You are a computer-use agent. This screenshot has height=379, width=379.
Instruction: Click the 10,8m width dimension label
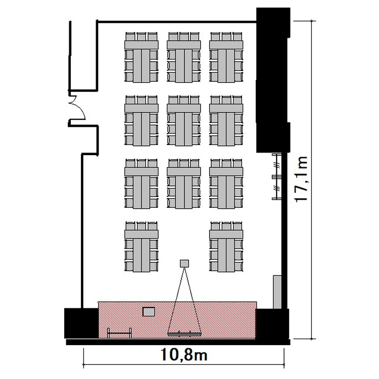coord(184,355)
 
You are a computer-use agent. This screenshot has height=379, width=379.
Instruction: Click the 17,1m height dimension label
coord(301,179)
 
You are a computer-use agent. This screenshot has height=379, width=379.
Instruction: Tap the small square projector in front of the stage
coord(184,263)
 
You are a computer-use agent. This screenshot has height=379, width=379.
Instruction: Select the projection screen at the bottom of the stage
coord(184,335)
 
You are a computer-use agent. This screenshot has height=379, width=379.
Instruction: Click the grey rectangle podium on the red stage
coord(149,312)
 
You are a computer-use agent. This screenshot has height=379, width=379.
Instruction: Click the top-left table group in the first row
coord(141,57)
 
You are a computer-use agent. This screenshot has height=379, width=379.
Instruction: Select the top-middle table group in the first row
coord(184,57)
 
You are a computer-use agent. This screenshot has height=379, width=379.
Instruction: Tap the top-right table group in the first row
coord(226,57)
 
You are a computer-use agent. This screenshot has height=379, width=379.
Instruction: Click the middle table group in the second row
coord(184,121)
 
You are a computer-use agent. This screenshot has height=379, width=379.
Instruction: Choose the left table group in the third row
coord(141,184)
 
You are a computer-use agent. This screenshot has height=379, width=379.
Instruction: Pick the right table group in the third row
coord(226,184)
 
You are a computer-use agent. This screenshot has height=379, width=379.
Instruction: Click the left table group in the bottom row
coord(141,247)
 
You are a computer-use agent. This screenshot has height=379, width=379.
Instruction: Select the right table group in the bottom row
coord(226,247)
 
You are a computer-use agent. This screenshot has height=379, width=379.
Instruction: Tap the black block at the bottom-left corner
coord(81,323)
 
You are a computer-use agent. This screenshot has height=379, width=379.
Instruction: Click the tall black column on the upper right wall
coord(273,80)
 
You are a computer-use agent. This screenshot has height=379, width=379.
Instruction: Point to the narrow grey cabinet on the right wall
coord(277,292)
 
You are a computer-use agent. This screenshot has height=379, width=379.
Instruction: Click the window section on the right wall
coord(277,176)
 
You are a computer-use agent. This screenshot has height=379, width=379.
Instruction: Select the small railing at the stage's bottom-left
coord(119,334)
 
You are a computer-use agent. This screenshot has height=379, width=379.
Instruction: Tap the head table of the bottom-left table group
coord(141,234)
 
